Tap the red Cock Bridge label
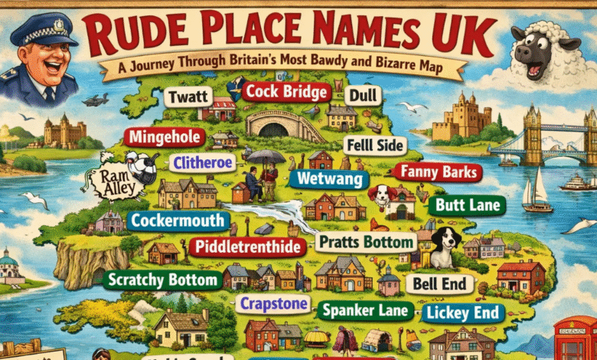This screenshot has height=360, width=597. (x=285, y=92)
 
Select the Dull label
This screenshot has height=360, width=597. (x=362, y=96)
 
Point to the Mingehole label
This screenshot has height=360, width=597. (x=165, y=138)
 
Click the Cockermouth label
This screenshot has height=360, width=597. (x=178, y=221)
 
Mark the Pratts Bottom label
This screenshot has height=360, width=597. (x=367, y=244)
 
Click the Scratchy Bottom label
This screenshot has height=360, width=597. (x=161, y=280)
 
